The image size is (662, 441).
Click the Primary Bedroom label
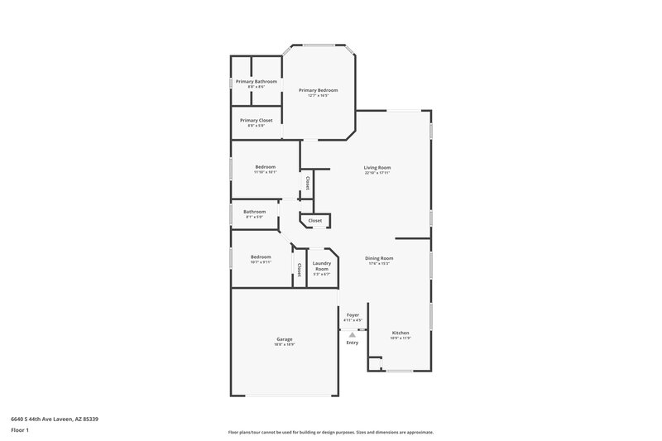318,90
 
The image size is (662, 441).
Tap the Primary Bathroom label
256,82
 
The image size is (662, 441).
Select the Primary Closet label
256,121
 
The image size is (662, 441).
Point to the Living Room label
377,168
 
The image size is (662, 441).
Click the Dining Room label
379,258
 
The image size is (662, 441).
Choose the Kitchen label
401,333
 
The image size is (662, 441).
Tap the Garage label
284,339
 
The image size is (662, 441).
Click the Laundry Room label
321,266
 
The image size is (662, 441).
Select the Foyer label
353,315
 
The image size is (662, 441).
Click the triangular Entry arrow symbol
353,334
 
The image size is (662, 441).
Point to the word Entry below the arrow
353,343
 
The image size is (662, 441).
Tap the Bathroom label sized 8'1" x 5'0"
254,212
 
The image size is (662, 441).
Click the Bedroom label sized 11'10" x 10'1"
265,167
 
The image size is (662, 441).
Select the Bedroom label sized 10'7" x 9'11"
261,257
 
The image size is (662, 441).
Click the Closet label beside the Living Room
308,183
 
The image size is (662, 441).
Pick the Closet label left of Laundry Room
299,269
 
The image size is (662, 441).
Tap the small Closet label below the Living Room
315,221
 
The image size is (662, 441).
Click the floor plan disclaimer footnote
330,432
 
